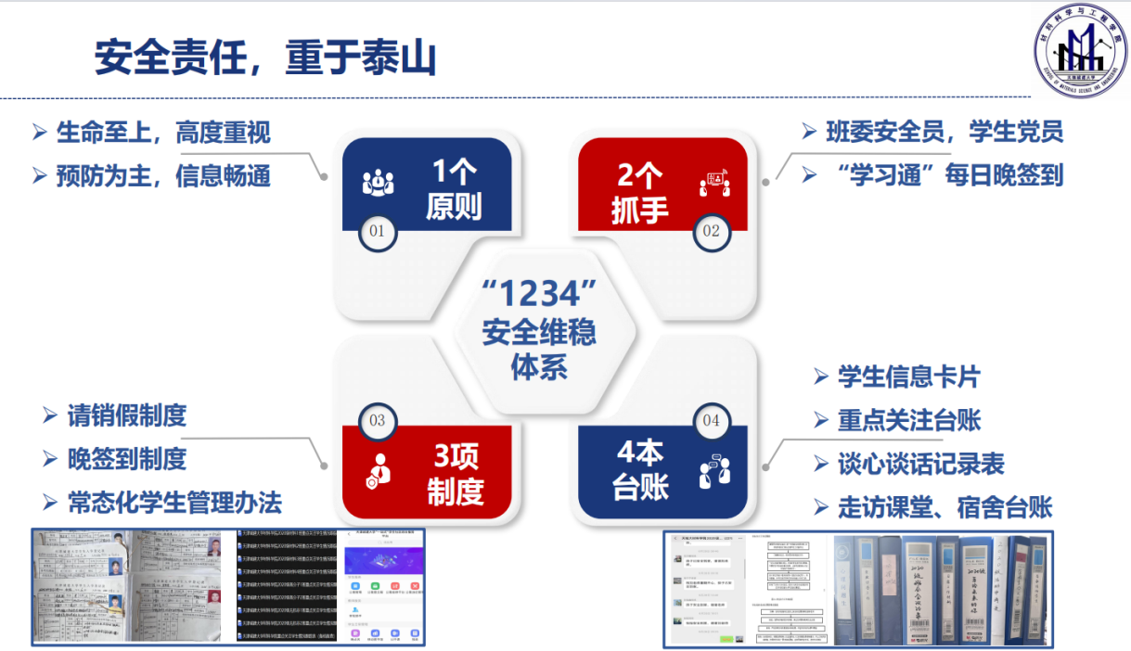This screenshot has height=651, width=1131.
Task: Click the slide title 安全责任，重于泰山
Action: point(265,57)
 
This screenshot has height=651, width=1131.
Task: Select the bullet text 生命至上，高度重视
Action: point(163,133)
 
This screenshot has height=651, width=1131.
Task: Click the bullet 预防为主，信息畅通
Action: point(163,176)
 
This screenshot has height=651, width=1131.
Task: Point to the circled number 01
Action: point(378,232)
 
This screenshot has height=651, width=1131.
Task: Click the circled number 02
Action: point(711,232)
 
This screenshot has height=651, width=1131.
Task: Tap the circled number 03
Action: point(378,420)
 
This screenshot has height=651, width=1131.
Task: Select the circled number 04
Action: point(711,420)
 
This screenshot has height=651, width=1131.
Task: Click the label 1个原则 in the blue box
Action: point(454,188)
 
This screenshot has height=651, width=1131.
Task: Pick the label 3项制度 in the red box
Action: point(456,473)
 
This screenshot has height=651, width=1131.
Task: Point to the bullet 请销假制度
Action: point(127,415)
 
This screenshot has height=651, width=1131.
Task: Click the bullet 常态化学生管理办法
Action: point(174,503)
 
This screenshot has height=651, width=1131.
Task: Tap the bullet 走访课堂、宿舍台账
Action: point(945,506)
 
